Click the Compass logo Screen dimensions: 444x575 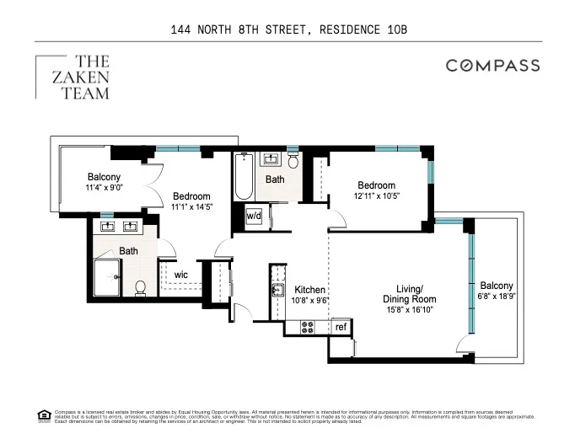492,66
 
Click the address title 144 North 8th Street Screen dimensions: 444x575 287,30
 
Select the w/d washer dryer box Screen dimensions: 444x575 253,215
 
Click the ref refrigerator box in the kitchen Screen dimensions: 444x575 341,326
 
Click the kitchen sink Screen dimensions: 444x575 277,291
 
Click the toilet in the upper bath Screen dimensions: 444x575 293,160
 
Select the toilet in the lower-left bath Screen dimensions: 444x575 141,287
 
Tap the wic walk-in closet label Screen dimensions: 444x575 181,275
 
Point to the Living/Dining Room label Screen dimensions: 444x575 409,294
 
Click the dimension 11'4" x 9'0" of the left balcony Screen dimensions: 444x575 105,188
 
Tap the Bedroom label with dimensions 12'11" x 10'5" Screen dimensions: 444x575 375,191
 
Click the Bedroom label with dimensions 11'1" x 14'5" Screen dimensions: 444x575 191,201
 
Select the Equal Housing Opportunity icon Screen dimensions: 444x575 44,414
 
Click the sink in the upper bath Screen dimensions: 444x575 271,160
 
